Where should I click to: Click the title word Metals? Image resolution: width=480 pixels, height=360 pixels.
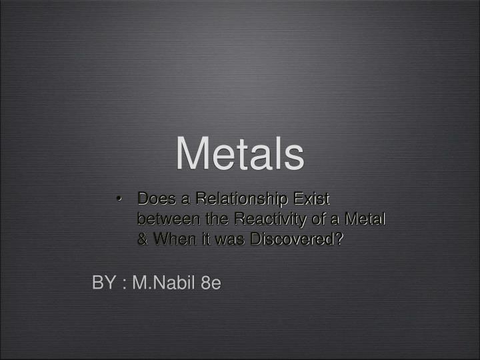coord(240,153)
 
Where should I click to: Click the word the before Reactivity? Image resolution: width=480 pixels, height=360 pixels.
coord(208,219)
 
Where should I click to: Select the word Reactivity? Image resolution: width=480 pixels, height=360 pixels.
coord(254,219)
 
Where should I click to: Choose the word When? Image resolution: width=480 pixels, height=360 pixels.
coord(172,239)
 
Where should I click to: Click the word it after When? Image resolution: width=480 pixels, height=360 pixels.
coord(199,239)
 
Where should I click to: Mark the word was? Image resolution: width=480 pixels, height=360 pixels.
coord(222,239)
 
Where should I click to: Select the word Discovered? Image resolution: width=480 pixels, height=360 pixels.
coord(289,239)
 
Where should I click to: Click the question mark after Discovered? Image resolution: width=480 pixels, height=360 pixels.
coord(340,239)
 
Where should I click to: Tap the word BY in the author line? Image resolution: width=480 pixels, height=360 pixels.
coord(103,283)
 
